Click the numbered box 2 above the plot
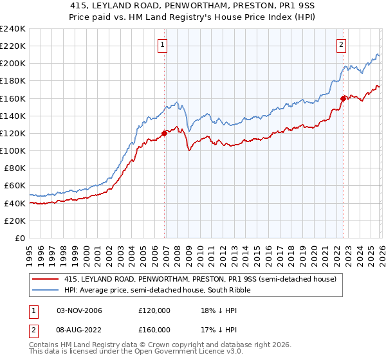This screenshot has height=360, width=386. tap(340, 45)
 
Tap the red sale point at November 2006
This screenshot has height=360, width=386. tap(165, 133)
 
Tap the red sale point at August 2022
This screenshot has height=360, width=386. tap(343, 98)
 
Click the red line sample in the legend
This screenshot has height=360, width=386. tap(46, 279)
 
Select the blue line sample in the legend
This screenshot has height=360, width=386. tap(46, 290)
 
